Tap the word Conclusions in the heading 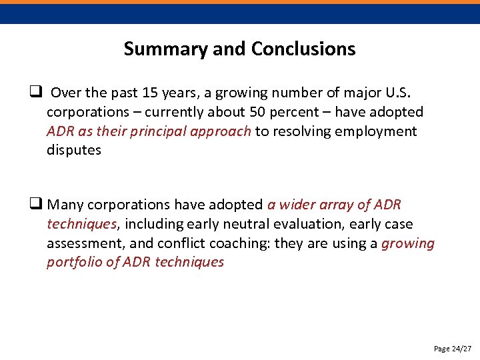303,49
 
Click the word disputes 74,150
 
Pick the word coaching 241,243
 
